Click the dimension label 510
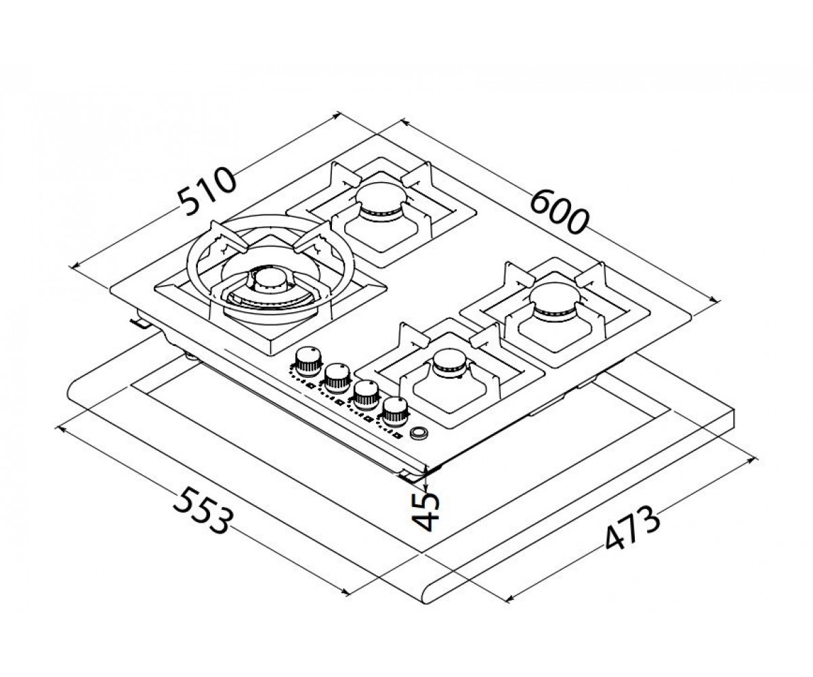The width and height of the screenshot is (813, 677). [207, 191]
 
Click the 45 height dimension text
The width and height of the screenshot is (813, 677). [426, 512]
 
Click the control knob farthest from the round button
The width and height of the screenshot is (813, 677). [308, 362]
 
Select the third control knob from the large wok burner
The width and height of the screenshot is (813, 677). [366, 395]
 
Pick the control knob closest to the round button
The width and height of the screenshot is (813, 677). [395, 412]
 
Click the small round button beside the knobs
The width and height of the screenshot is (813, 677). [419, 433]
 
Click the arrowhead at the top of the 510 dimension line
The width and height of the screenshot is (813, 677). [338, 114]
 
